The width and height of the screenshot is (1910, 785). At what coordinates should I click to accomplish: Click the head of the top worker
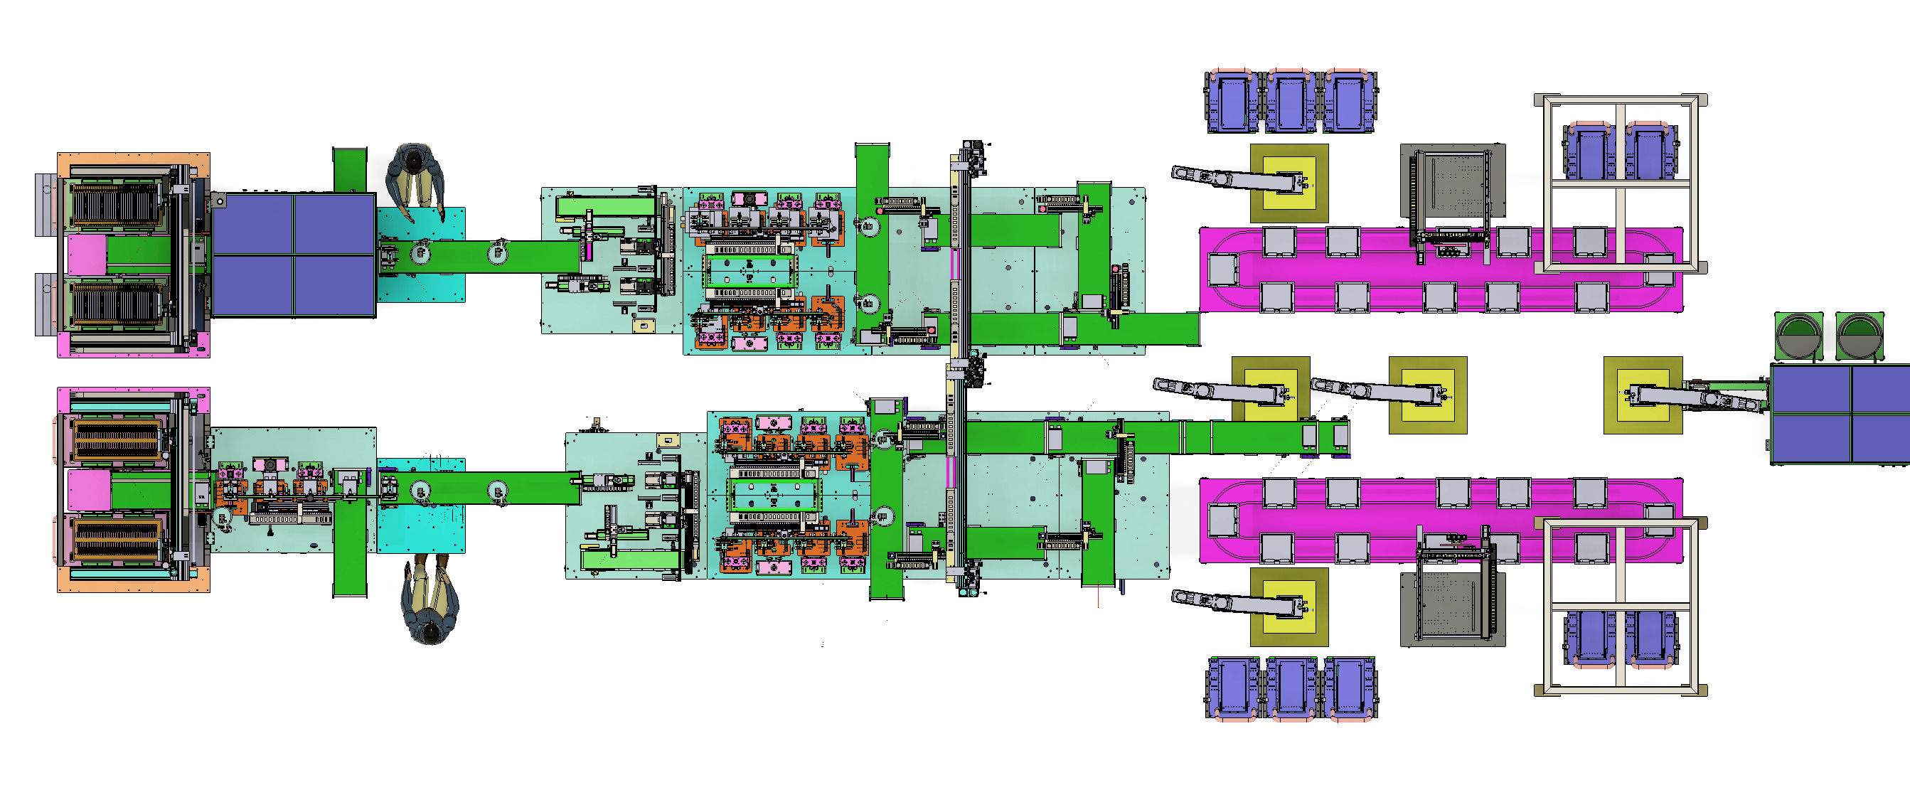point(415,158)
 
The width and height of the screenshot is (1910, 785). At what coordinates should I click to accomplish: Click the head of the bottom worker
point(431,631)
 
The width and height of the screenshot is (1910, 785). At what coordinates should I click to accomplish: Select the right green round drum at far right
point(1859,337)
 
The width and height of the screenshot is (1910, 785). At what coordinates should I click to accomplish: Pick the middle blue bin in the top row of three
point(1291,102)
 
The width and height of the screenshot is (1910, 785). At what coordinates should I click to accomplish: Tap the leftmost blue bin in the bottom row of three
point(1233,687)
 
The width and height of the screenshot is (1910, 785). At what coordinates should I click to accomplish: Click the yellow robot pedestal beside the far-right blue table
point(1643,395)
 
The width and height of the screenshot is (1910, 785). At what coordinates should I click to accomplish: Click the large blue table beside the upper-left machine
point(294,255)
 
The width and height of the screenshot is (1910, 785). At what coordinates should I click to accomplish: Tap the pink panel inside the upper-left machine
point(87,255)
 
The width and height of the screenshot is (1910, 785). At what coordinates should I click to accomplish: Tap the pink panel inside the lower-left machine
point(89,490)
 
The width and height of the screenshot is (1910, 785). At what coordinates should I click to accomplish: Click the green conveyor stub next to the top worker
point(349,169)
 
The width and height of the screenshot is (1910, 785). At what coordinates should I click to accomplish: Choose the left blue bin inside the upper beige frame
point(1589,152)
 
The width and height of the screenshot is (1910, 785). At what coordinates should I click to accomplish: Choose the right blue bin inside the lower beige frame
point(1651,638)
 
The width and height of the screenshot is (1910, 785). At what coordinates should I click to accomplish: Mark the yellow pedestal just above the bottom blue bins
point(1289,607)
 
